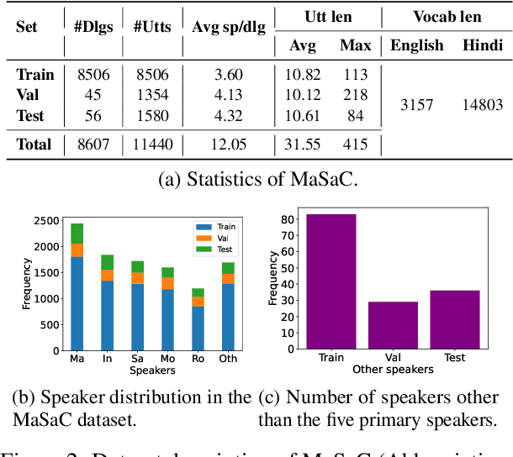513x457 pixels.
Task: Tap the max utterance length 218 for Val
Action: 355,95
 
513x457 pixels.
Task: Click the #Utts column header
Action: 151,26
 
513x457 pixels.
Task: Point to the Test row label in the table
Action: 30,115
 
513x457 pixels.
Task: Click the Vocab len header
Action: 447,17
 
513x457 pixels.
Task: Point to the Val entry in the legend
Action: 224,238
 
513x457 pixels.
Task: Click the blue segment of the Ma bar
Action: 77,302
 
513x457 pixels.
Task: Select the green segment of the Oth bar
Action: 228,268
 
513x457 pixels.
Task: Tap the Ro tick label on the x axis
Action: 197,359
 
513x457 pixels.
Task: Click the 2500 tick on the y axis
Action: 46,221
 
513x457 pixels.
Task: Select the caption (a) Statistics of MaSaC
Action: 256,177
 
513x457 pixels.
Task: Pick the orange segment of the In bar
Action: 107,276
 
